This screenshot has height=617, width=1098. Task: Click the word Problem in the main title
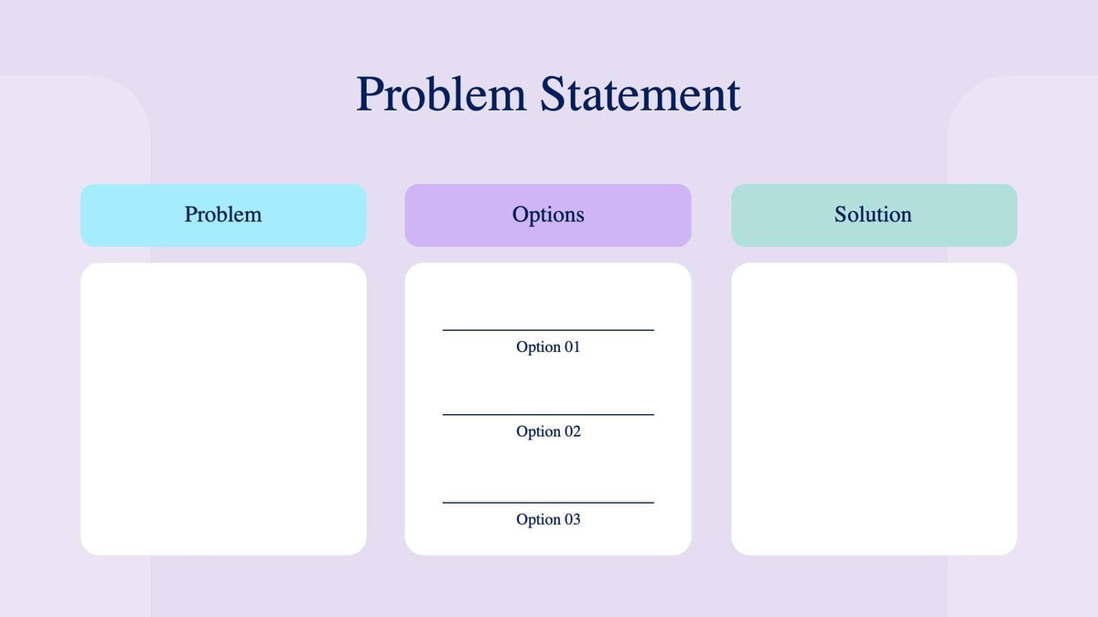point(440,95)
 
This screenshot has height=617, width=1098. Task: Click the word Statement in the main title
point(640,95)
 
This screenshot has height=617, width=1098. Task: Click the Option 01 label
point(548,347)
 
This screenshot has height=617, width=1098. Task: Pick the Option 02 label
point(548,431)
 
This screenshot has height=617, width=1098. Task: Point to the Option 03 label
point(548,519)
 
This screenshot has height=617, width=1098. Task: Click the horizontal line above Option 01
point(548,330)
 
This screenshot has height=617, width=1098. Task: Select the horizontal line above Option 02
point(548,414)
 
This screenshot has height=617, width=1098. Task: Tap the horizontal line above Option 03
point(548,502)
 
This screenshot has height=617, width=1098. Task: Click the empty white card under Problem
point(223,409)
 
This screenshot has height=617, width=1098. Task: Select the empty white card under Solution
point(874,409)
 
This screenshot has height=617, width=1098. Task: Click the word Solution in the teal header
point(873,215)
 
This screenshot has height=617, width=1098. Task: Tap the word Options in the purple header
point(548,216)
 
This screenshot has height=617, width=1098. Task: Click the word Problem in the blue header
point(223,215)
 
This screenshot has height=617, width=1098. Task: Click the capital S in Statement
point(552,95)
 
